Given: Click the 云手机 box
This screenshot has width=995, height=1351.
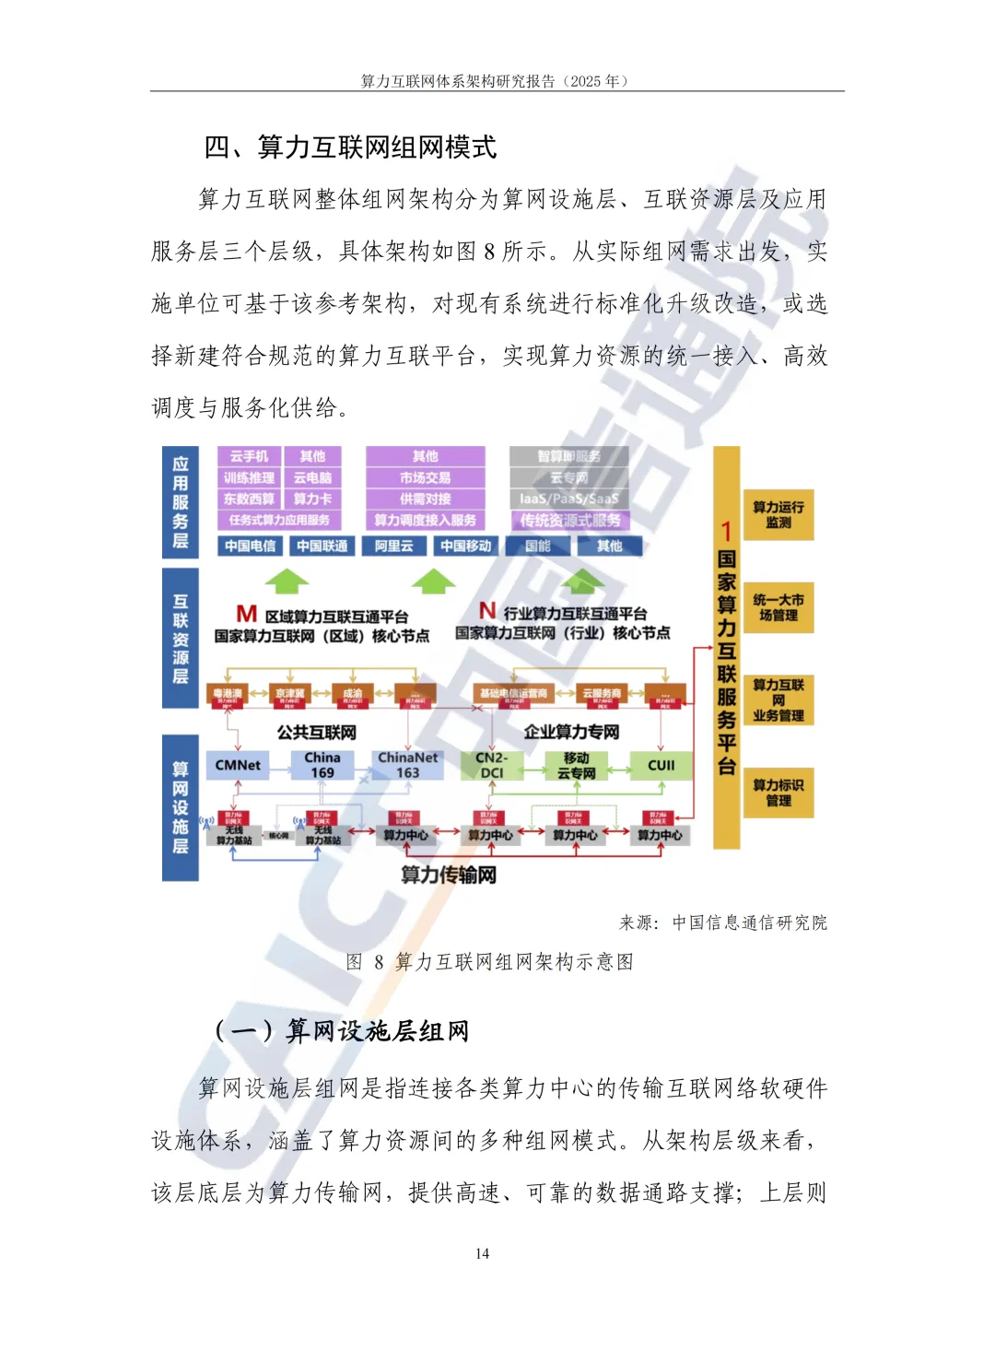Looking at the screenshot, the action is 249,456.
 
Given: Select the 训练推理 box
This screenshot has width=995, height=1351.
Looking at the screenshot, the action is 249,477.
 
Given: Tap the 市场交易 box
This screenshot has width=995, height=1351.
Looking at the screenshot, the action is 425,477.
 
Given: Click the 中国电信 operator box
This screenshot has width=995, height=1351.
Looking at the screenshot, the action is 250,546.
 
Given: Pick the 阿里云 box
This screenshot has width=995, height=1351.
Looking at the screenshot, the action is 393,546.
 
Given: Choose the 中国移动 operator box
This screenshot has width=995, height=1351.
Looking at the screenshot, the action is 465,546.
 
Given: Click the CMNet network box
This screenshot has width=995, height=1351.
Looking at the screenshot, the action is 238,765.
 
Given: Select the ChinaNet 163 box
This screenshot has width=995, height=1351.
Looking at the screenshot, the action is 407,765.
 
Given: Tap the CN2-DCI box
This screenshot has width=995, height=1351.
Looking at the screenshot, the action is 492,765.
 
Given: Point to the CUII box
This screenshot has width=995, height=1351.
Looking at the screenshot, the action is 661,765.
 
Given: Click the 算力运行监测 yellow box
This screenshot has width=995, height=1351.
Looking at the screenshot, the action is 778,514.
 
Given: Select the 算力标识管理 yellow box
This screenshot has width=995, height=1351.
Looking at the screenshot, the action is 778,793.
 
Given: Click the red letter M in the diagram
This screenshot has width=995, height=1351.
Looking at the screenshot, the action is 247,614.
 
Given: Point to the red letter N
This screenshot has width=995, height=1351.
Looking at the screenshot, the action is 487,611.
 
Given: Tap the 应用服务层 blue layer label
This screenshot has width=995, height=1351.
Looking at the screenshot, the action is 181,502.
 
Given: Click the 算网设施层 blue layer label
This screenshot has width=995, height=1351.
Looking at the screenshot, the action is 181,807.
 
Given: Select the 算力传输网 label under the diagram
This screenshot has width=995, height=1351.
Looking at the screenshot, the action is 449,875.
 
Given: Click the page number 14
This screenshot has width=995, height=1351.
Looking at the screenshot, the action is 483,1253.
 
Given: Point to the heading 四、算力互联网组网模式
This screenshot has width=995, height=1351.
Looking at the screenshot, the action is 350,147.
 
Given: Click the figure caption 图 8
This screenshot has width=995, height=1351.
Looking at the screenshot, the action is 489,962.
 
